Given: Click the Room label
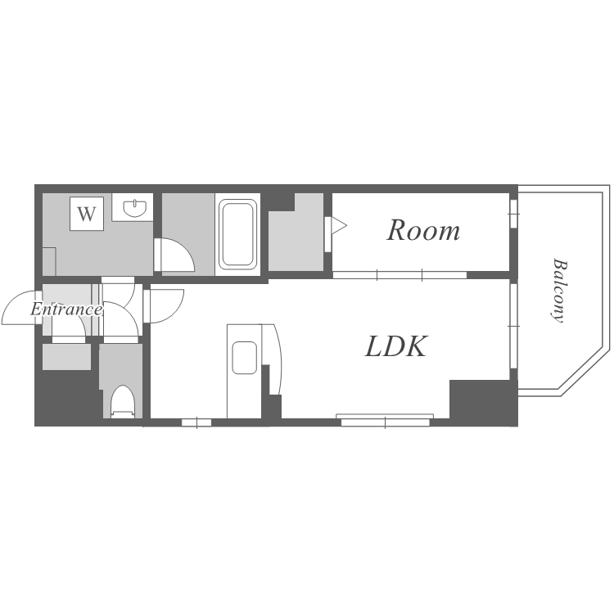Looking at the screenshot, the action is (x=423, y=231).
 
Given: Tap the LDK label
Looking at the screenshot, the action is (x=395, y=346).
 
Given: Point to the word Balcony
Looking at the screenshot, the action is (x=559, y=290).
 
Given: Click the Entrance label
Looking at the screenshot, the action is (x=66, y=309).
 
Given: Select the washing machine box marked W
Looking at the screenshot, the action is (x=87, y=214).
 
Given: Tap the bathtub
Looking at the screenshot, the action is (x=237, y=234).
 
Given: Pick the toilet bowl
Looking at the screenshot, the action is (x=122, y=401).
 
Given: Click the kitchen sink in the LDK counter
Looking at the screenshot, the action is (x=244, y=358).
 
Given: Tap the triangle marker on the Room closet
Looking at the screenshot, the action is (x=339, y=226).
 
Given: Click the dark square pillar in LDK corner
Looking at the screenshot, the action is (x=483, y=399).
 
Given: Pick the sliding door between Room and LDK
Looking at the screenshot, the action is (x=400, y=275).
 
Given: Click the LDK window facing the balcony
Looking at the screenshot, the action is (x=513, y=326).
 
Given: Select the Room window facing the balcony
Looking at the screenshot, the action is (x=513, y=214).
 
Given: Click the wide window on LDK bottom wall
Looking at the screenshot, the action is (x=386, y=421).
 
